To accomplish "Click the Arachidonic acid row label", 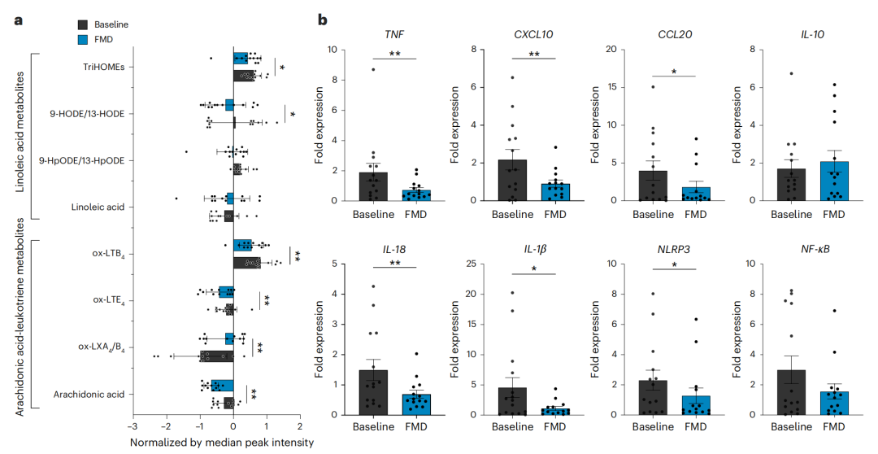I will tap(89, 395).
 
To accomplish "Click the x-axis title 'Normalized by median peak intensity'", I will tap(221, 443).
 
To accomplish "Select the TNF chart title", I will tap(395, 34).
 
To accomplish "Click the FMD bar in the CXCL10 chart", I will tap(554, 192).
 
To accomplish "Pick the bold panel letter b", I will tap(322, 19).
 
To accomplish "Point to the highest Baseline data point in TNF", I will tap(373, 69).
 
